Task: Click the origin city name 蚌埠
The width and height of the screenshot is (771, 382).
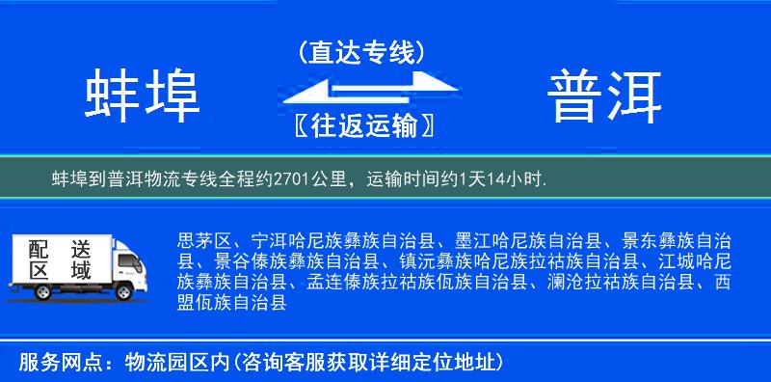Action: (x=142, y=95)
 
